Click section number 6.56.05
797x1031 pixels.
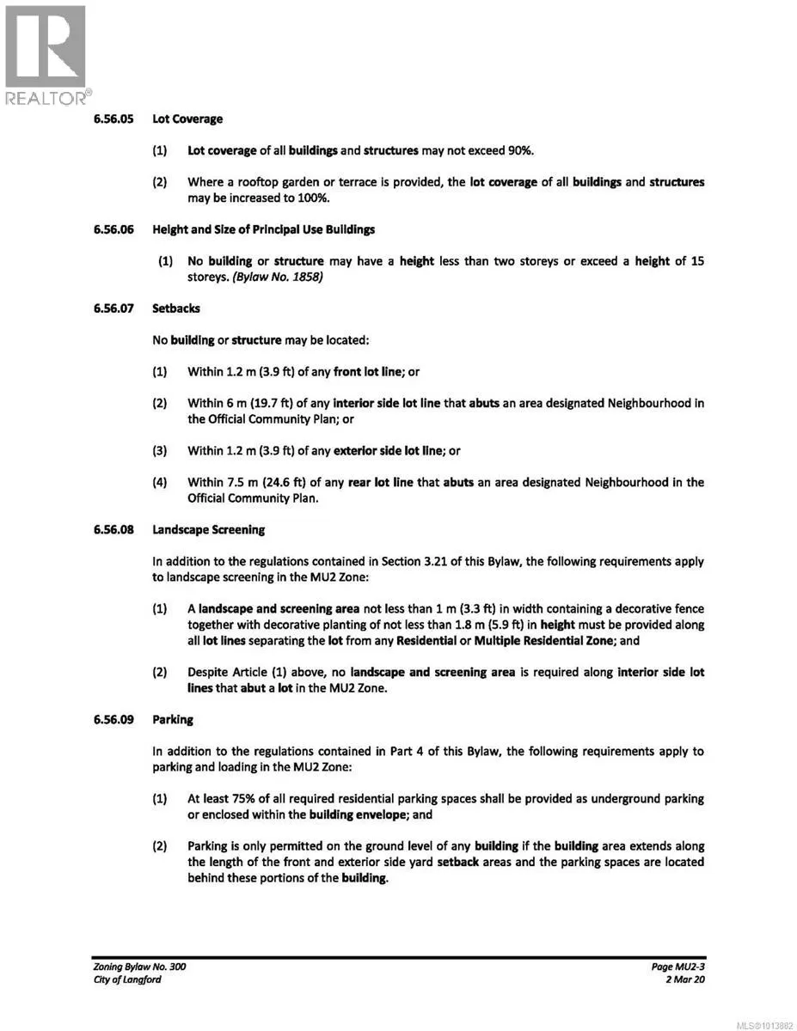tap(113, 119)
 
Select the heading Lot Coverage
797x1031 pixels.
tap(187, 119)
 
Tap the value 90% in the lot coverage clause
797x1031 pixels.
tap(518, 150)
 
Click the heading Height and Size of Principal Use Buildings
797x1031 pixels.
tap(263, 229)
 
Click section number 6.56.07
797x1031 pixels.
tap(113, 308)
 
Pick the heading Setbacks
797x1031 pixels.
tap(176, 308)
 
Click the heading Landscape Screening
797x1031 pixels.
tap(209, 529)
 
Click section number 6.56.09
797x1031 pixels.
tap(113, 719)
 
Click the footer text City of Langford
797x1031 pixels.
tap(126, 979)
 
